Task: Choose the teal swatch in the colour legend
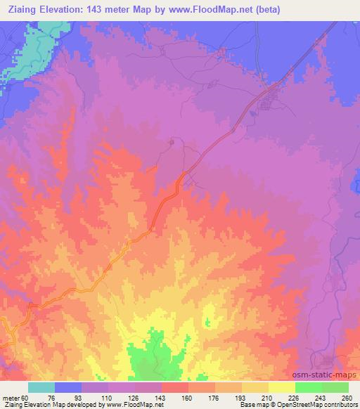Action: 41,387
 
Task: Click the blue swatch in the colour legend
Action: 68,387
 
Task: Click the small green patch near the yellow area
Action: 207,323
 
